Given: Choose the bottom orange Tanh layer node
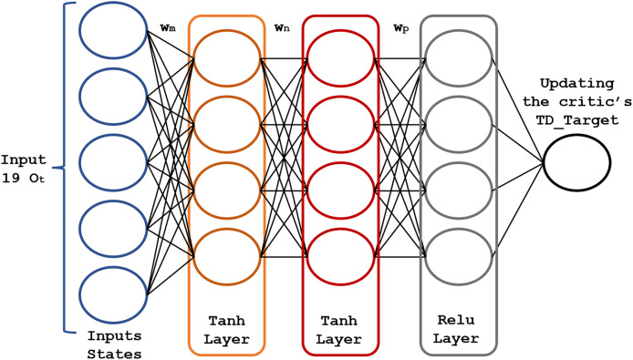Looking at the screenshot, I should [225, 254].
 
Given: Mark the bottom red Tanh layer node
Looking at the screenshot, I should [339, 254].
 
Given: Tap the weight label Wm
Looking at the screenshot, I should [168, 28].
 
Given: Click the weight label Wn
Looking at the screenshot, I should [283, 28].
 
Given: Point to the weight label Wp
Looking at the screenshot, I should [399, 28].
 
